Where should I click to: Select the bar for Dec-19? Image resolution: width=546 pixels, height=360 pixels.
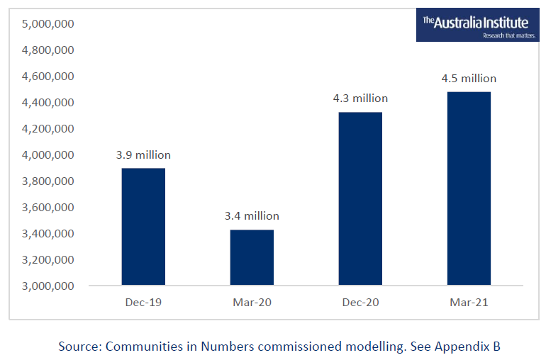143,227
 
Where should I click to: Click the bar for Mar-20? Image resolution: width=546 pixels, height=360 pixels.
252,257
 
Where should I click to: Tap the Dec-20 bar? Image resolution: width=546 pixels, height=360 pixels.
360,199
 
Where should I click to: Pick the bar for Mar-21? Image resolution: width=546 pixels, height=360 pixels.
469,189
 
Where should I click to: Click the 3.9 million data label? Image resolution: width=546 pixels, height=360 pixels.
144,155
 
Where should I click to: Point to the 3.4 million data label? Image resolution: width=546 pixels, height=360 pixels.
252,216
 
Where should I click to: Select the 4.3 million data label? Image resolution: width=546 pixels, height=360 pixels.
361,99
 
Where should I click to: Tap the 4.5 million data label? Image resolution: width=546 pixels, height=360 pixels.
469,79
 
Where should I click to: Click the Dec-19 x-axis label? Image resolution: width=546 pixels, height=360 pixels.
143,303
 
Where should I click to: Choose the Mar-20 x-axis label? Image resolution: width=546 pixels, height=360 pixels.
252,303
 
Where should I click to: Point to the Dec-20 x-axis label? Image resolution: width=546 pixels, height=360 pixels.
360,303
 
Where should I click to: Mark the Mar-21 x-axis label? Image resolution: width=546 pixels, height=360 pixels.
469,303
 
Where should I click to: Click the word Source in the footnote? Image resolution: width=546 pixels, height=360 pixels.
79,347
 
